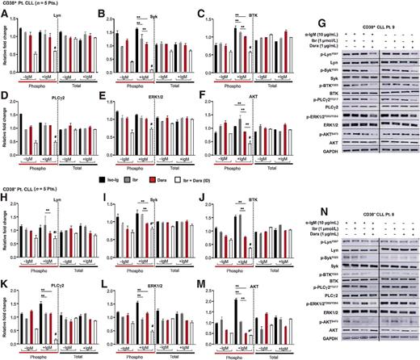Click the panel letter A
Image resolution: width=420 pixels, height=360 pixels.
[x=4, y=14]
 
